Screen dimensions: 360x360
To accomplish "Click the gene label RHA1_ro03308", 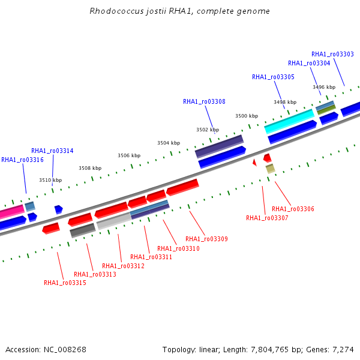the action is pos(204,102).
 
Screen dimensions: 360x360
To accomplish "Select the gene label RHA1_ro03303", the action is pos(332,54).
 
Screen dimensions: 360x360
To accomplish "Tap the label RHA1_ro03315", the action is pos(65,283).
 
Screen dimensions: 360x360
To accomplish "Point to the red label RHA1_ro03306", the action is pos(293,209).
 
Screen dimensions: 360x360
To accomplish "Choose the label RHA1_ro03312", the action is pos(123,266).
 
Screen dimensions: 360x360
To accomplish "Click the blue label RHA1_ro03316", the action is pos(23,160).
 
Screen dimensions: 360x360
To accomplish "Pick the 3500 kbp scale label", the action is pos(247,116).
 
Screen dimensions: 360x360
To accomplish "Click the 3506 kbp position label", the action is pos(129,155).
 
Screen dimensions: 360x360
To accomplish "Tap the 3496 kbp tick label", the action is pos(324,87).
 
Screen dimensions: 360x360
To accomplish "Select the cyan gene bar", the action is pos(289,121).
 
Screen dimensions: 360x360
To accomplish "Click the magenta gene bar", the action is pos(11,212).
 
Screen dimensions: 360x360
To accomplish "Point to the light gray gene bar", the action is pos(114,221).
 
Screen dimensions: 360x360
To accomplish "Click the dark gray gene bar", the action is pos(83,230).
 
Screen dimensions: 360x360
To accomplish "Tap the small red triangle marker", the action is pos(254,163).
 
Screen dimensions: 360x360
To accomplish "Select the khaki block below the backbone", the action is pos(271,169).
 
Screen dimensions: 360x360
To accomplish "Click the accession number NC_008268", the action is pos(65,350).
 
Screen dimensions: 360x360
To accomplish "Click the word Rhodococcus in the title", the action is pos(116,11).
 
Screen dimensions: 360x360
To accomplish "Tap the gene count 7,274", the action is pos(343,350).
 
